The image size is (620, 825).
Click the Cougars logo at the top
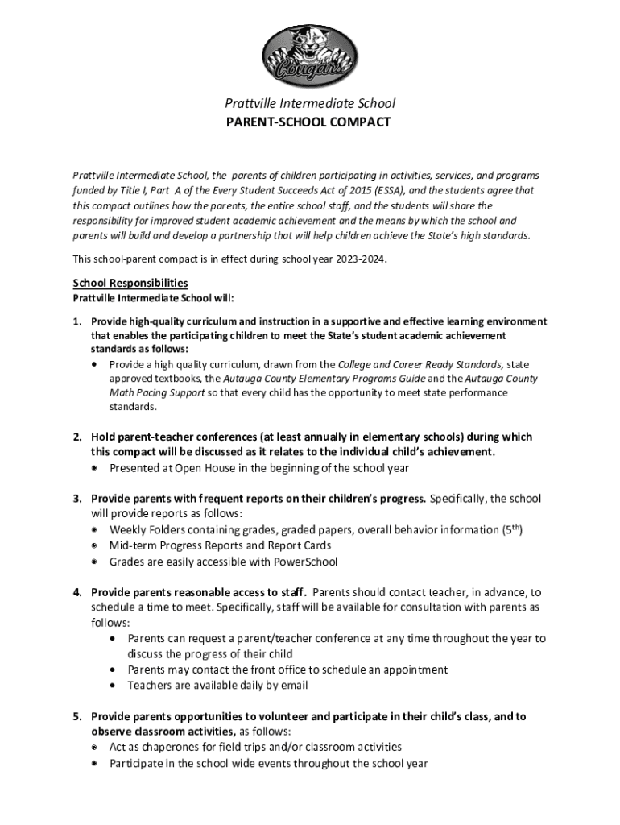(x=309, y=55)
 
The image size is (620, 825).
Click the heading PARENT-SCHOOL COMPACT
(x=309, y=122)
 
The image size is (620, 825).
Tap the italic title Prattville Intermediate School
(x=309, y=103)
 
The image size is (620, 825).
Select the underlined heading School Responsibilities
(x=130, y=283)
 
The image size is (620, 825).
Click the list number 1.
(x=76, y=321)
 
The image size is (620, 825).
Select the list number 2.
(x=77, y=437)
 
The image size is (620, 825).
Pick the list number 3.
(x=77, y=499)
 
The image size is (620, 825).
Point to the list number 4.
(x=77, y=592)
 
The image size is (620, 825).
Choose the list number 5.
(x=77, y=716)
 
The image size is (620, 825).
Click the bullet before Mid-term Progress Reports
(x=94, y=546)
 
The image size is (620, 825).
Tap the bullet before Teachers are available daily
(x=112, y=686)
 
